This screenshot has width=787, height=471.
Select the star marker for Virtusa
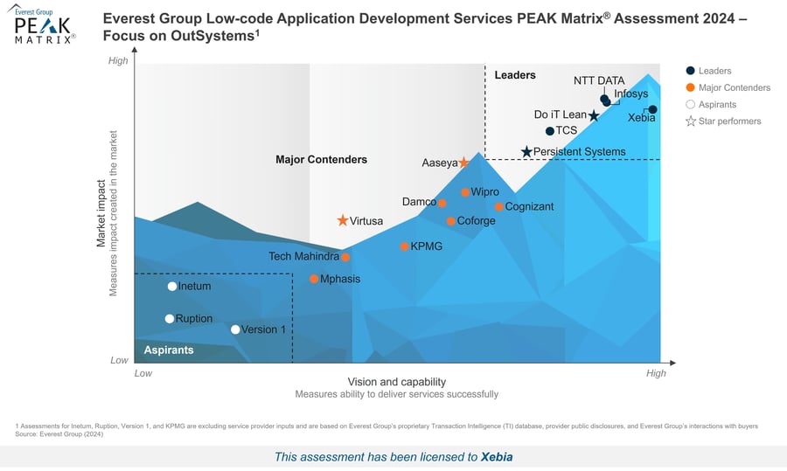click(343, 221)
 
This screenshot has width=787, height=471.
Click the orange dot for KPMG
click(404, 246)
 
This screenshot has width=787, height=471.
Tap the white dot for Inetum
click(172, 287)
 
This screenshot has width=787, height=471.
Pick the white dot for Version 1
click(235, 329)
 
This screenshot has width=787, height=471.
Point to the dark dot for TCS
click(549, 131)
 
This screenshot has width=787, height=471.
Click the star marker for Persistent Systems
click(526, 152)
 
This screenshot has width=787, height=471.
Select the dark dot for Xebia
click(652, 109)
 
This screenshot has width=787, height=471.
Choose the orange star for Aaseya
click(463, 163)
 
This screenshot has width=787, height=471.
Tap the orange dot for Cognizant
click(498, 207)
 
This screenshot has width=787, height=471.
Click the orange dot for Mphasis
click(314, 280)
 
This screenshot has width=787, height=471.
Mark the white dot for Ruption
click(170, 319)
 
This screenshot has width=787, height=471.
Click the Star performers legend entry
click(729, 121)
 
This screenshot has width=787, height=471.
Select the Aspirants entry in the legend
click(717, 104)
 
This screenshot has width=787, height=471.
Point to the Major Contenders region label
click(321, 160)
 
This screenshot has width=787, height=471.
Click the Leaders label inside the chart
click(515, 75)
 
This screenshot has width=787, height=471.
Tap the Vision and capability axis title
click(396, 382)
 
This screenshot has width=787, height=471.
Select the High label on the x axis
click(655, 373)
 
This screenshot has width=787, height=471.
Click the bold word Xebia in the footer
click(497, 456)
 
